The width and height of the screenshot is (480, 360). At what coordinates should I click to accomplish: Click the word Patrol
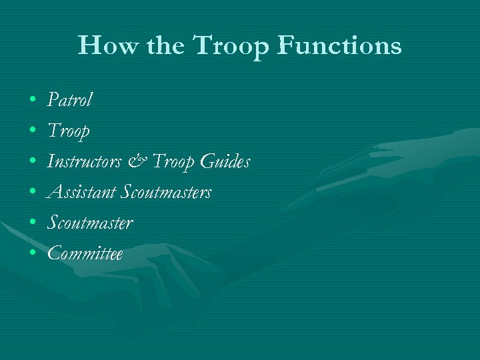[69, 100]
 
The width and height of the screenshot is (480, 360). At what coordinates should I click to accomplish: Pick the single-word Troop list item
[68, 131]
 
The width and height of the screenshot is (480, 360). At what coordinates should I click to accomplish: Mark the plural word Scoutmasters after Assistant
[166, 192]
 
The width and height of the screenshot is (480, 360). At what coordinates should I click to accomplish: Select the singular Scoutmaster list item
[90, 223]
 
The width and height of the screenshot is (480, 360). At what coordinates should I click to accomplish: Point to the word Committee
[85, 253]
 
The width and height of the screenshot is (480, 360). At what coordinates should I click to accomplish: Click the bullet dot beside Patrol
[33, 101]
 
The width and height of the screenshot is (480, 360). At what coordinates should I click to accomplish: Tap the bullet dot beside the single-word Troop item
[33, 132]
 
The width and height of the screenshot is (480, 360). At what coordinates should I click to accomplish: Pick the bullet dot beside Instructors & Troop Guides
[33, 163]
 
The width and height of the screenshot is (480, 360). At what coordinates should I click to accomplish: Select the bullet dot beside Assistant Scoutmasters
[33, 193]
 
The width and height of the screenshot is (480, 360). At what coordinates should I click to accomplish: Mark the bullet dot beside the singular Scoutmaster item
[33, 224]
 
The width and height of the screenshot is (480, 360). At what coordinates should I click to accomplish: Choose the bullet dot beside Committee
[33, 255]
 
